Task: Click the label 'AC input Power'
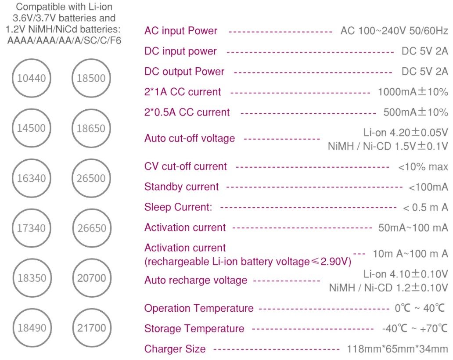(x=181, y=31)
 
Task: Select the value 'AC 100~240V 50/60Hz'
(x=394, y=31)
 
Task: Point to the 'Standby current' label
(x=181, y=187)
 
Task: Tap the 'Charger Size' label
(x=175, y=349)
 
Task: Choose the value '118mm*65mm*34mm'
(x=397, y=349)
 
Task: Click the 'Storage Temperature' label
(x=194, y=328)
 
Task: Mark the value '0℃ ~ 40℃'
(x=420, y=308)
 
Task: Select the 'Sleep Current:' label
(x=178, y=207)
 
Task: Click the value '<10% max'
(x=423, y=167)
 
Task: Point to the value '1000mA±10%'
(x=413, y=92)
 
